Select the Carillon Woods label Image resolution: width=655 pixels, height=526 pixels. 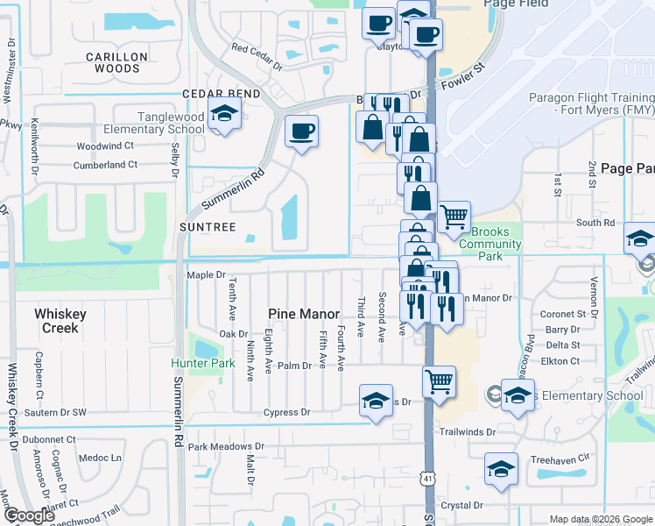tap(116, 62)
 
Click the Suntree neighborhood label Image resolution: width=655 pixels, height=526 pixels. tap(208, 226)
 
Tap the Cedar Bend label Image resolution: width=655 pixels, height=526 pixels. tap(221, 94)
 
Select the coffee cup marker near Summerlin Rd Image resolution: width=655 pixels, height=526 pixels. tap(301, 132)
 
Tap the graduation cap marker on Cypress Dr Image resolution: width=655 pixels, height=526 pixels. tap(376, 401)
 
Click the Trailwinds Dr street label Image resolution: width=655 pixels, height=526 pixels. tap(467, 431)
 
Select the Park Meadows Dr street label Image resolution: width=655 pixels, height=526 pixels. tap(226, 447)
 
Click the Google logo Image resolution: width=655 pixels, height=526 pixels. tap(29, 515)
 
